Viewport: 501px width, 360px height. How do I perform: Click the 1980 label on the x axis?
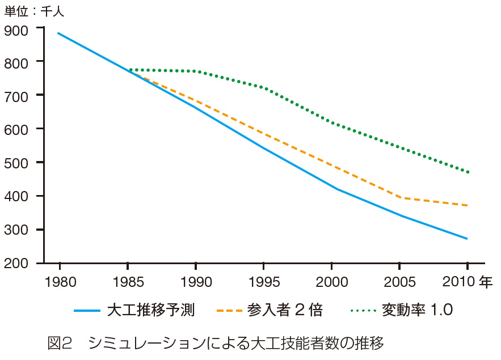(59, 282)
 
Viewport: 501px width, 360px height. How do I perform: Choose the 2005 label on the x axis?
(400, 282)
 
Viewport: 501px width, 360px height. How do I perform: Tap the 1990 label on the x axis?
(195, 282)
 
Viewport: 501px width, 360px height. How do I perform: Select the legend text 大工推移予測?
(151, 310)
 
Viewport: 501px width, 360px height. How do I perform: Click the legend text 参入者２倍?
(285, 310)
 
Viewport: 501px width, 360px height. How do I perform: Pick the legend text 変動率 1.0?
(416, 310)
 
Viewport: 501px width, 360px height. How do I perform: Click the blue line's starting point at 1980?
(58, 33)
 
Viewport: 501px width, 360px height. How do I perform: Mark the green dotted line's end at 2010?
(468, 172)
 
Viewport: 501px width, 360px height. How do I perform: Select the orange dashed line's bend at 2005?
(401, 198)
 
